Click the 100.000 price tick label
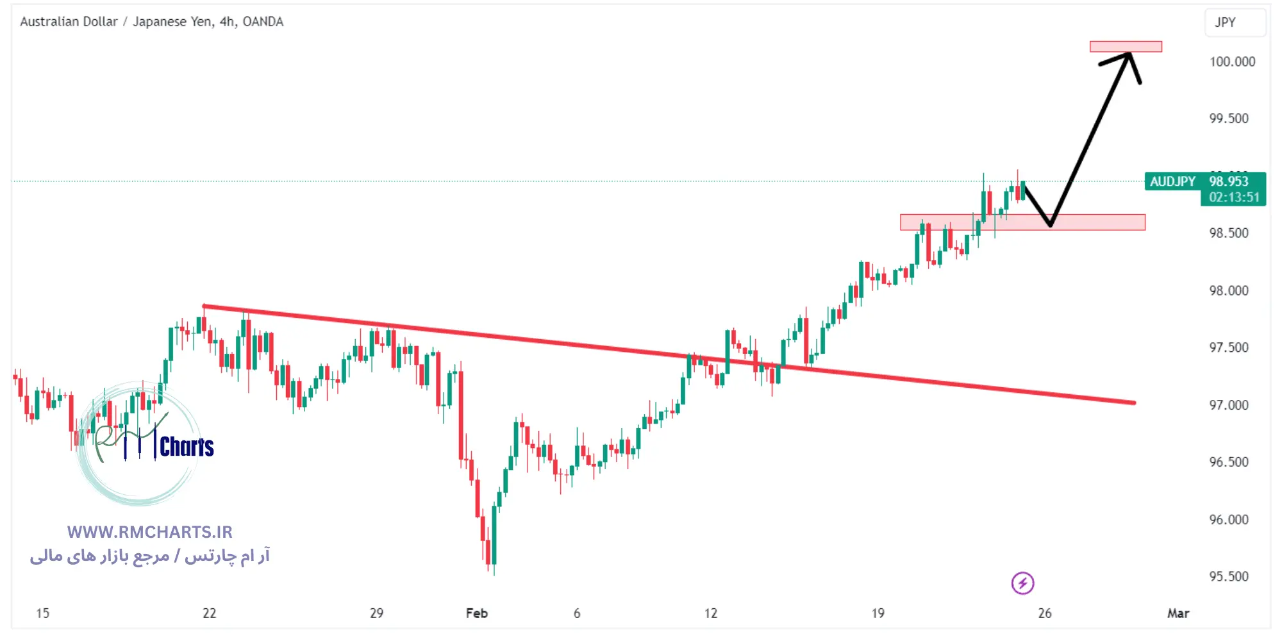click(1232, 62)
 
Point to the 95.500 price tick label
click(1229, 576)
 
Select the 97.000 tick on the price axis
click(1229, 405)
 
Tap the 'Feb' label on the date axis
click(476, 613)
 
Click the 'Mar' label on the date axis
click(1178, 613)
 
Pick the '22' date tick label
click(210, 613)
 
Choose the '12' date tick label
click(711, 613)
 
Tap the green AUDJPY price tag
click(1172, 182)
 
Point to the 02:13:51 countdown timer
click(1234, 197)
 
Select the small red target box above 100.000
click(1126, 47)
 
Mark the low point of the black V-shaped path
click(1050, 225)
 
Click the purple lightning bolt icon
click(1022, 583)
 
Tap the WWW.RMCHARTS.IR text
click(149, 532)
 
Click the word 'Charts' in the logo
click(187, 447)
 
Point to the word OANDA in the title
click(263, 22)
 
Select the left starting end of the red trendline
click(204, 306)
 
